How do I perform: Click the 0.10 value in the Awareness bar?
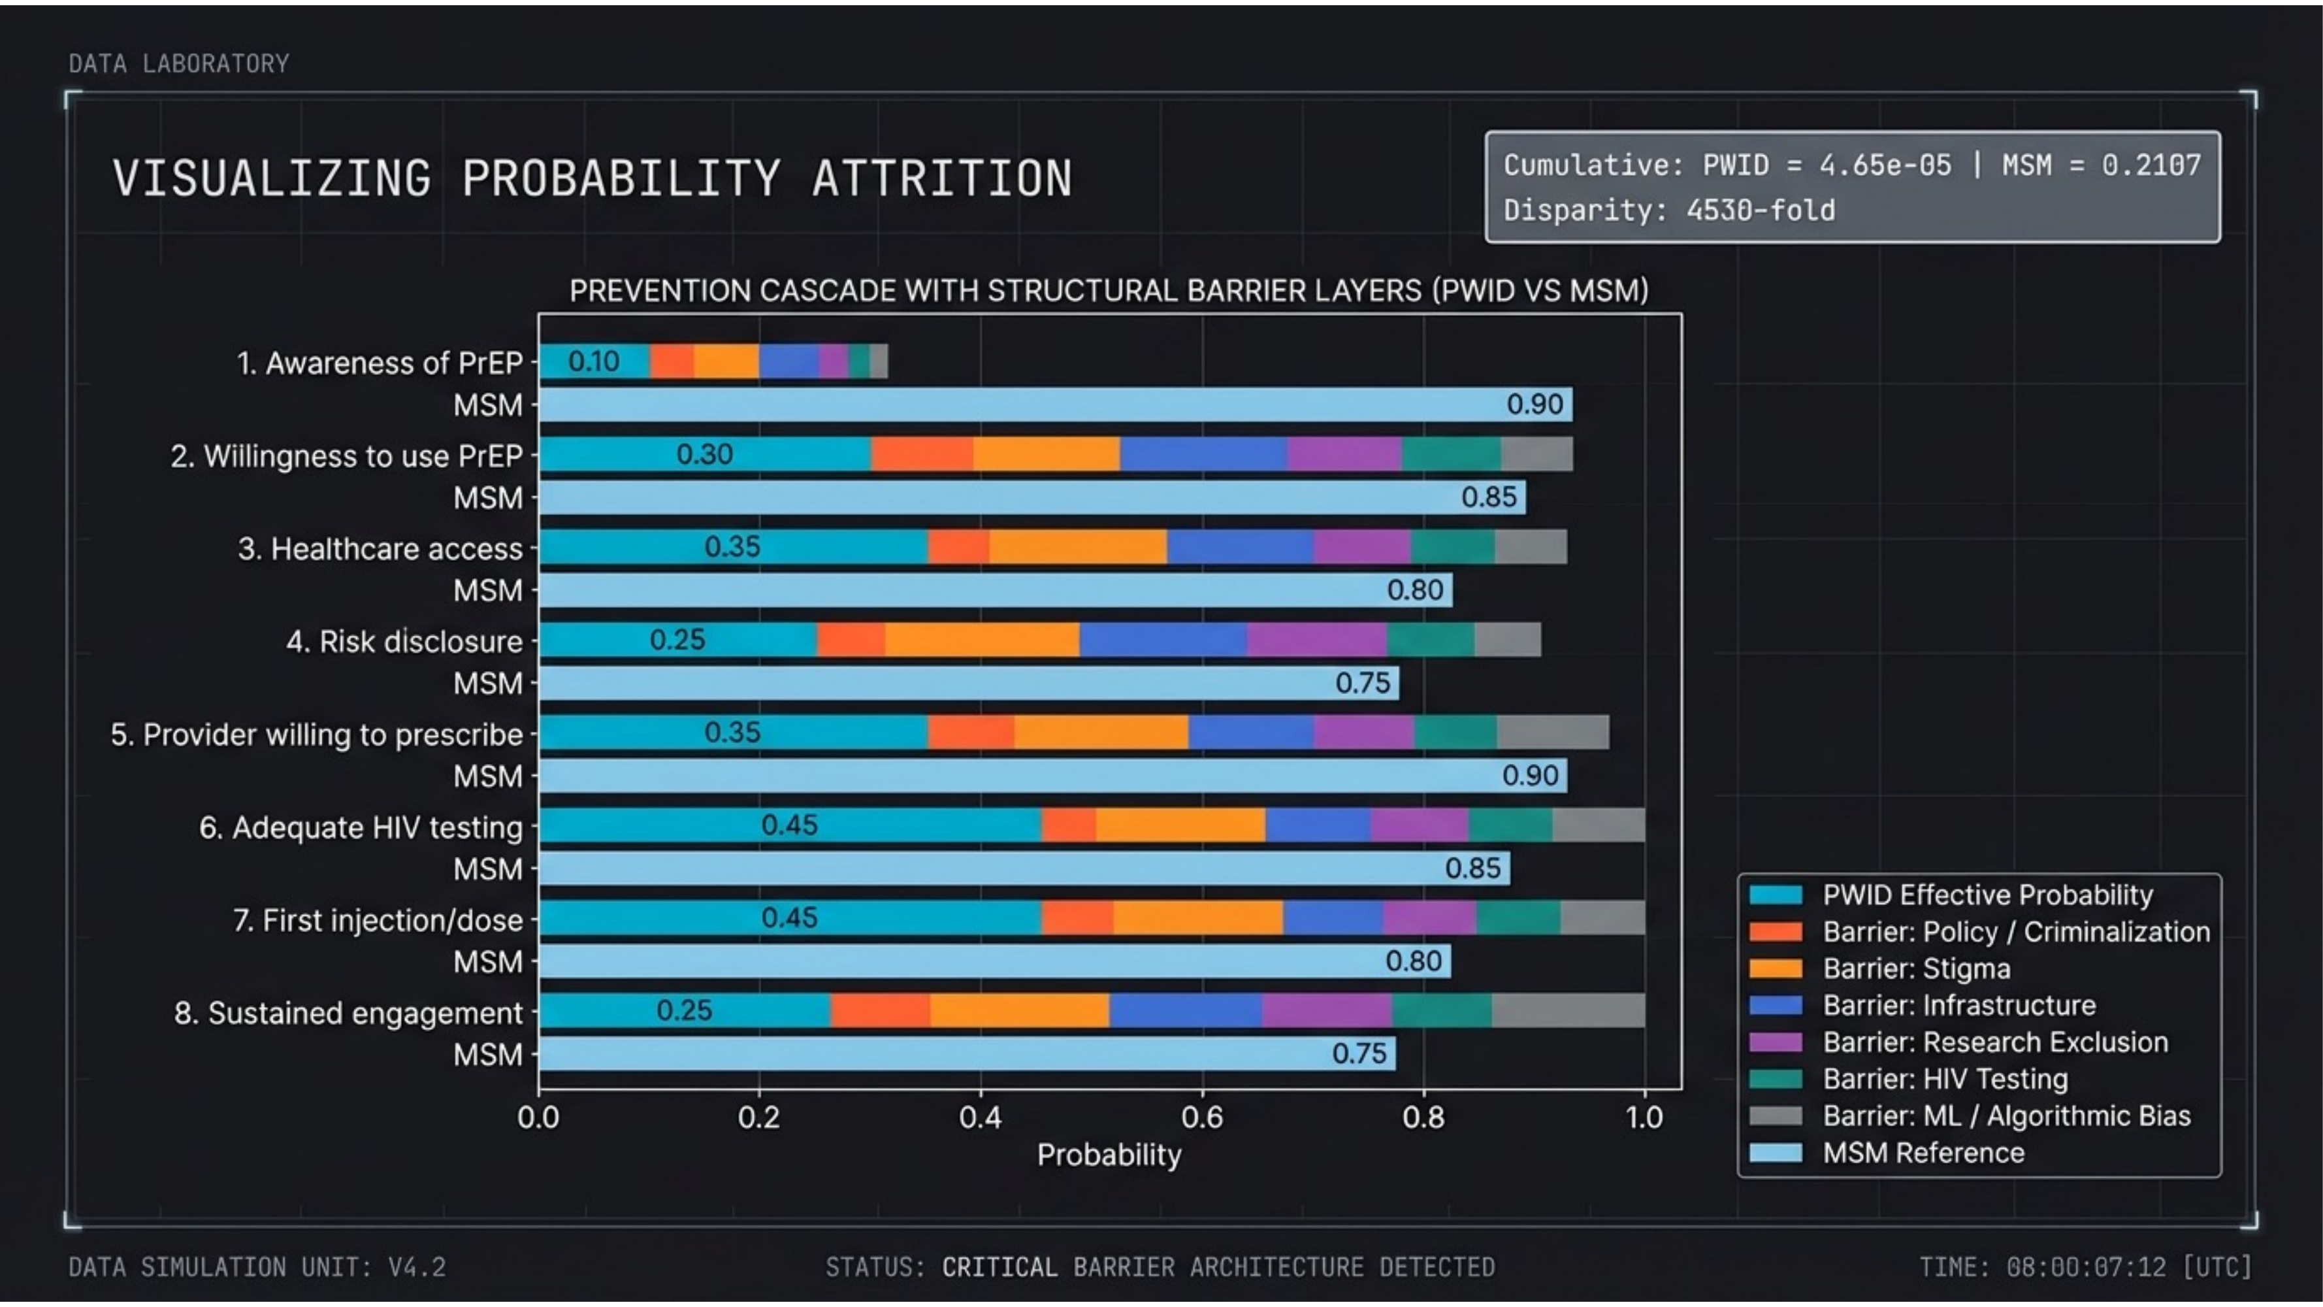[593, 361]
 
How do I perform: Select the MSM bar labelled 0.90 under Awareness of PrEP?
[1055, 404]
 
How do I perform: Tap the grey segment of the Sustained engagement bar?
[1567, 1010]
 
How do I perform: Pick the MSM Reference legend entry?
[1923, 1153]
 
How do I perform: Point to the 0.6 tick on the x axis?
[1202, 1117]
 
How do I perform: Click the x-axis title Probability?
[1109, 1155]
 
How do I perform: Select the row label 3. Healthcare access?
[380, 548]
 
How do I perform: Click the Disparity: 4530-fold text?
[1669, 210]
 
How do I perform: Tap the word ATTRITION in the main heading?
[943, 178]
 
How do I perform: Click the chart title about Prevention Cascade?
[1109, 290]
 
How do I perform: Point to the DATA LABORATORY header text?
[178, 64]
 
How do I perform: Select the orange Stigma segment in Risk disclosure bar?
[981, 640]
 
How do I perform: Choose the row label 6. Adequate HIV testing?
[361, 827]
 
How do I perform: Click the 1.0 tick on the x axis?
[1644, 1117]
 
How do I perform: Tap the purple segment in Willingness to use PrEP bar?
[1344, 454]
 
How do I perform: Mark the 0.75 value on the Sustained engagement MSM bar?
[1359, 1053]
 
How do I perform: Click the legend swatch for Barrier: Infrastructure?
[1775, 1006]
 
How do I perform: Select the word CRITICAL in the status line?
[999, 1267]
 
